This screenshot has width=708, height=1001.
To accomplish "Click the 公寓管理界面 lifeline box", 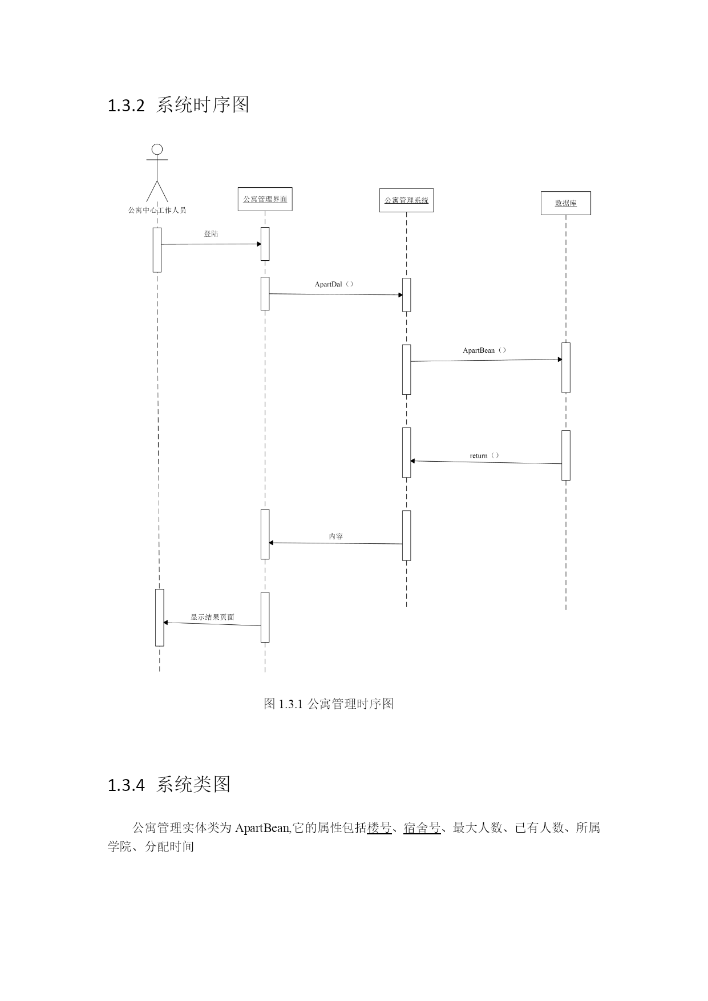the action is (265, 199).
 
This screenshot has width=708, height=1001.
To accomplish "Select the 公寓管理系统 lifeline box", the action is (406, 200).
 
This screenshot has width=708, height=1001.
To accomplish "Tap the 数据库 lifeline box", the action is (565, 203).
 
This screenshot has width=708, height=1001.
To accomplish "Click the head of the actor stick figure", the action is (157, 150).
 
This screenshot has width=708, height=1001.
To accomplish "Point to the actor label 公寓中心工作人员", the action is (157, 210).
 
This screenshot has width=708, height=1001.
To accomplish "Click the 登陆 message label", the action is (211, 234).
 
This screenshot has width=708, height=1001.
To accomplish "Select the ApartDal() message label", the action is (334, 284).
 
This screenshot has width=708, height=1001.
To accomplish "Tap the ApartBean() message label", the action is (484, 350).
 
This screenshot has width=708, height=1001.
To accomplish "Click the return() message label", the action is (484, 455).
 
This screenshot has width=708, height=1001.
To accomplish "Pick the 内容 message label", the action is (336, 536).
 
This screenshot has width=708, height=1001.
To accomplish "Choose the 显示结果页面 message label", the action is (212, 617).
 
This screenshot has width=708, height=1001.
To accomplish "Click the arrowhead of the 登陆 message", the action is (259, 244).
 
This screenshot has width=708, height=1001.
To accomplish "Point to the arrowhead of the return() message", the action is (412, 461).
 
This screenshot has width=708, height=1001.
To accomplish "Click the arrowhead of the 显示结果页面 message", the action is (165, 622).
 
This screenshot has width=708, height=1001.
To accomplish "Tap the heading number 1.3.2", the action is (126, 106).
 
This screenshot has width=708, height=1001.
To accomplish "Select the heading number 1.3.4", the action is (126, 785).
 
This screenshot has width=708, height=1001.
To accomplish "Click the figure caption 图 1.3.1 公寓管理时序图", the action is (329, 704).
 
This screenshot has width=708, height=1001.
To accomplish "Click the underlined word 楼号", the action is (379, 828).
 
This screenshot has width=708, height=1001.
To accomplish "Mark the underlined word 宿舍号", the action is (422, 828).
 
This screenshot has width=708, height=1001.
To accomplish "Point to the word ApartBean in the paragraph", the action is (262, 828).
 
